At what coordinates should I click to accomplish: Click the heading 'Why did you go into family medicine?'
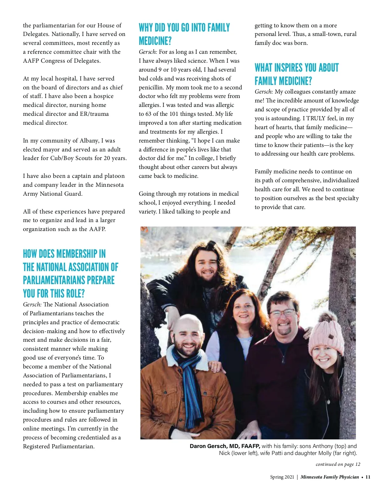click(184, 34)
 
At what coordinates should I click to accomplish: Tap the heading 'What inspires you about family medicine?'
click(296, 74)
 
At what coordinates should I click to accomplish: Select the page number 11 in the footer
click(368, 477)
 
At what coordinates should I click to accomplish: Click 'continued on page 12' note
click(338, 464)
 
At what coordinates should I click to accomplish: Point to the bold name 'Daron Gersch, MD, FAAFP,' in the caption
click(225, 446)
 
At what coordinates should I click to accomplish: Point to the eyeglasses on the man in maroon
click(282, 313)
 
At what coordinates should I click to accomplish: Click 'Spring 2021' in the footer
click(282, 477)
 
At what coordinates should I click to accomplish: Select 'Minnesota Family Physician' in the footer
click(329, 477)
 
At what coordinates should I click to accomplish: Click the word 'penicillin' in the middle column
click(152, 87)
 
